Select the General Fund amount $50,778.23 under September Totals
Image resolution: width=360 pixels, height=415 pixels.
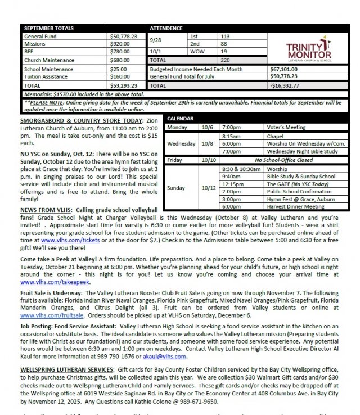click(x=124, y=35)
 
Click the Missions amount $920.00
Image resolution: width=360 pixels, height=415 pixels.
click(x=120, y=43)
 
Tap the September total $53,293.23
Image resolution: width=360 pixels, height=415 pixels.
click(x=124, y=85)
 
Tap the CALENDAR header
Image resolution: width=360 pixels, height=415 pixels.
click(x=179, y=119)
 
